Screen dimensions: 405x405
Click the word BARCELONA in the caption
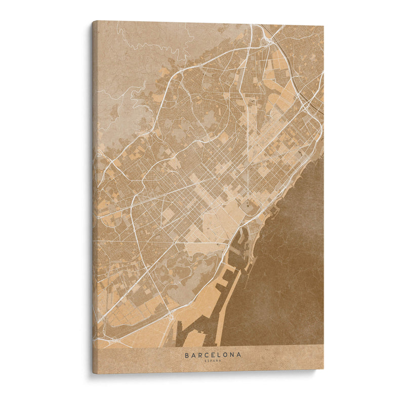[x=213, y=355]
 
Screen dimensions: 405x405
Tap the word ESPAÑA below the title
[x=213, y=361]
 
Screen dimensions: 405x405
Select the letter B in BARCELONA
[x=187, y=355]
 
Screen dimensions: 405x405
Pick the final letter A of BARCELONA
[x=238, y=355]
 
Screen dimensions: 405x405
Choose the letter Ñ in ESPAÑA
[x=218, y=361]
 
